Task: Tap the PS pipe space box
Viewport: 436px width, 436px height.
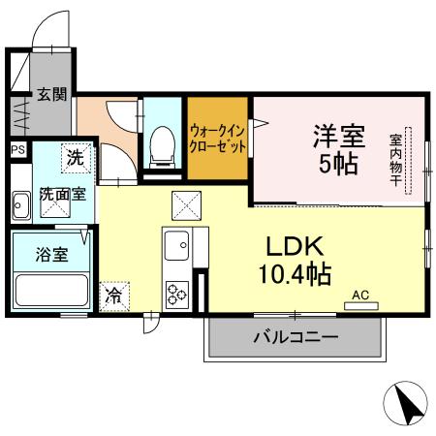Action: [17, 150]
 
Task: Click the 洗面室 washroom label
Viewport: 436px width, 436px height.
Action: [62, 193]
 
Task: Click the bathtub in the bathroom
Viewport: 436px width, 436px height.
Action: [50, 289]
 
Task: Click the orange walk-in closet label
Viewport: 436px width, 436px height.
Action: [218, 138]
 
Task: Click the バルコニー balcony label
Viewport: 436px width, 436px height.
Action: [296, 338]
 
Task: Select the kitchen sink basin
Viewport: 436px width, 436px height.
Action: [177, 246]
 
